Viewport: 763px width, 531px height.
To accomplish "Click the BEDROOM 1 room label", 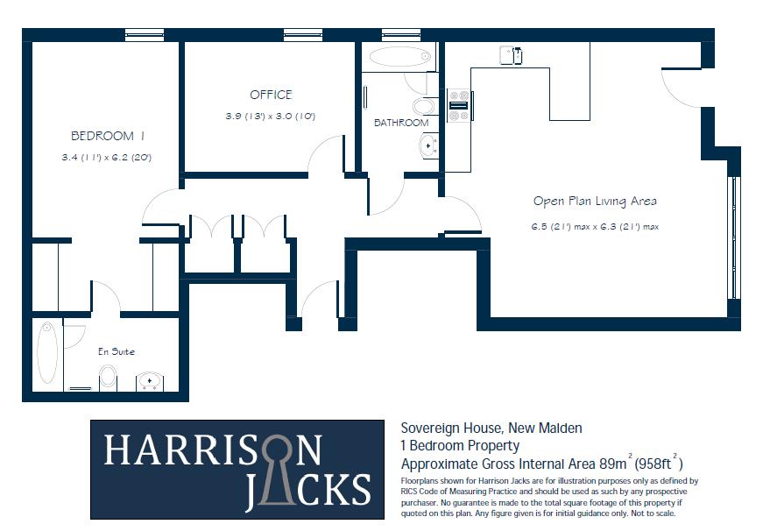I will [x=107, y=136].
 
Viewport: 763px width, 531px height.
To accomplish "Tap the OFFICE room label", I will [x=271, y=95].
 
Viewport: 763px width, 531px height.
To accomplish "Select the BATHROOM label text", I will [x=401, y=123].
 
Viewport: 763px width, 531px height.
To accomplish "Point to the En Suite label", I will [x=117, y=351].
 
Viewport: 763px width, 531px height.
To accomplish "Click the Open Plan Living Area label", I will [x=594, y=201].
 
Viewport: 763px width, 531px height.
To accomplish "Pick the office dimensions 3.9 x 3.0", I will [x=270, y=116].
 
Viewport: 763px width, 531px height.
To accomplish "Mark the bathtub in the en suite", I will [x=48, y=352].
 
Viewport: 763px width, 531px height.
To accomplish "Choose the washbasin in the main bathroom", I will [x=428, y=145].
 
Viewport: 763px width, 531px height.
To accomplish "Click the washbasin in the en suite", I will [x=149, y=381].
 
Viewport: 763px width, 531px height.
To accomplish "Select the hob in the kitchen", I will [x=458, y=105].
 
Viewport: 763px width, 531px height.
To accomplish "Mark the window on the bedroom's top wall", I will [x=145, y=34].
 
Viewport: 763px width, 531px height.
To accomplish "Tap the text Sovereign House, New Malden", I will [x=491, y=428].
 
